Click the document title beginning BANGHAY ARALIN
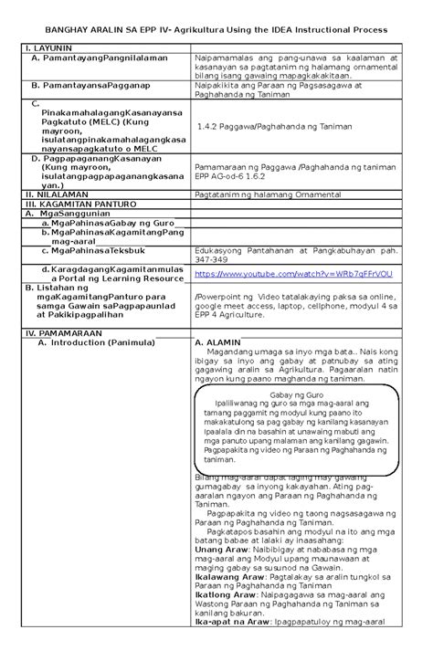click(216, 30)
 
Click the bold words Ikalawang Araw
click(229, 578)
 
